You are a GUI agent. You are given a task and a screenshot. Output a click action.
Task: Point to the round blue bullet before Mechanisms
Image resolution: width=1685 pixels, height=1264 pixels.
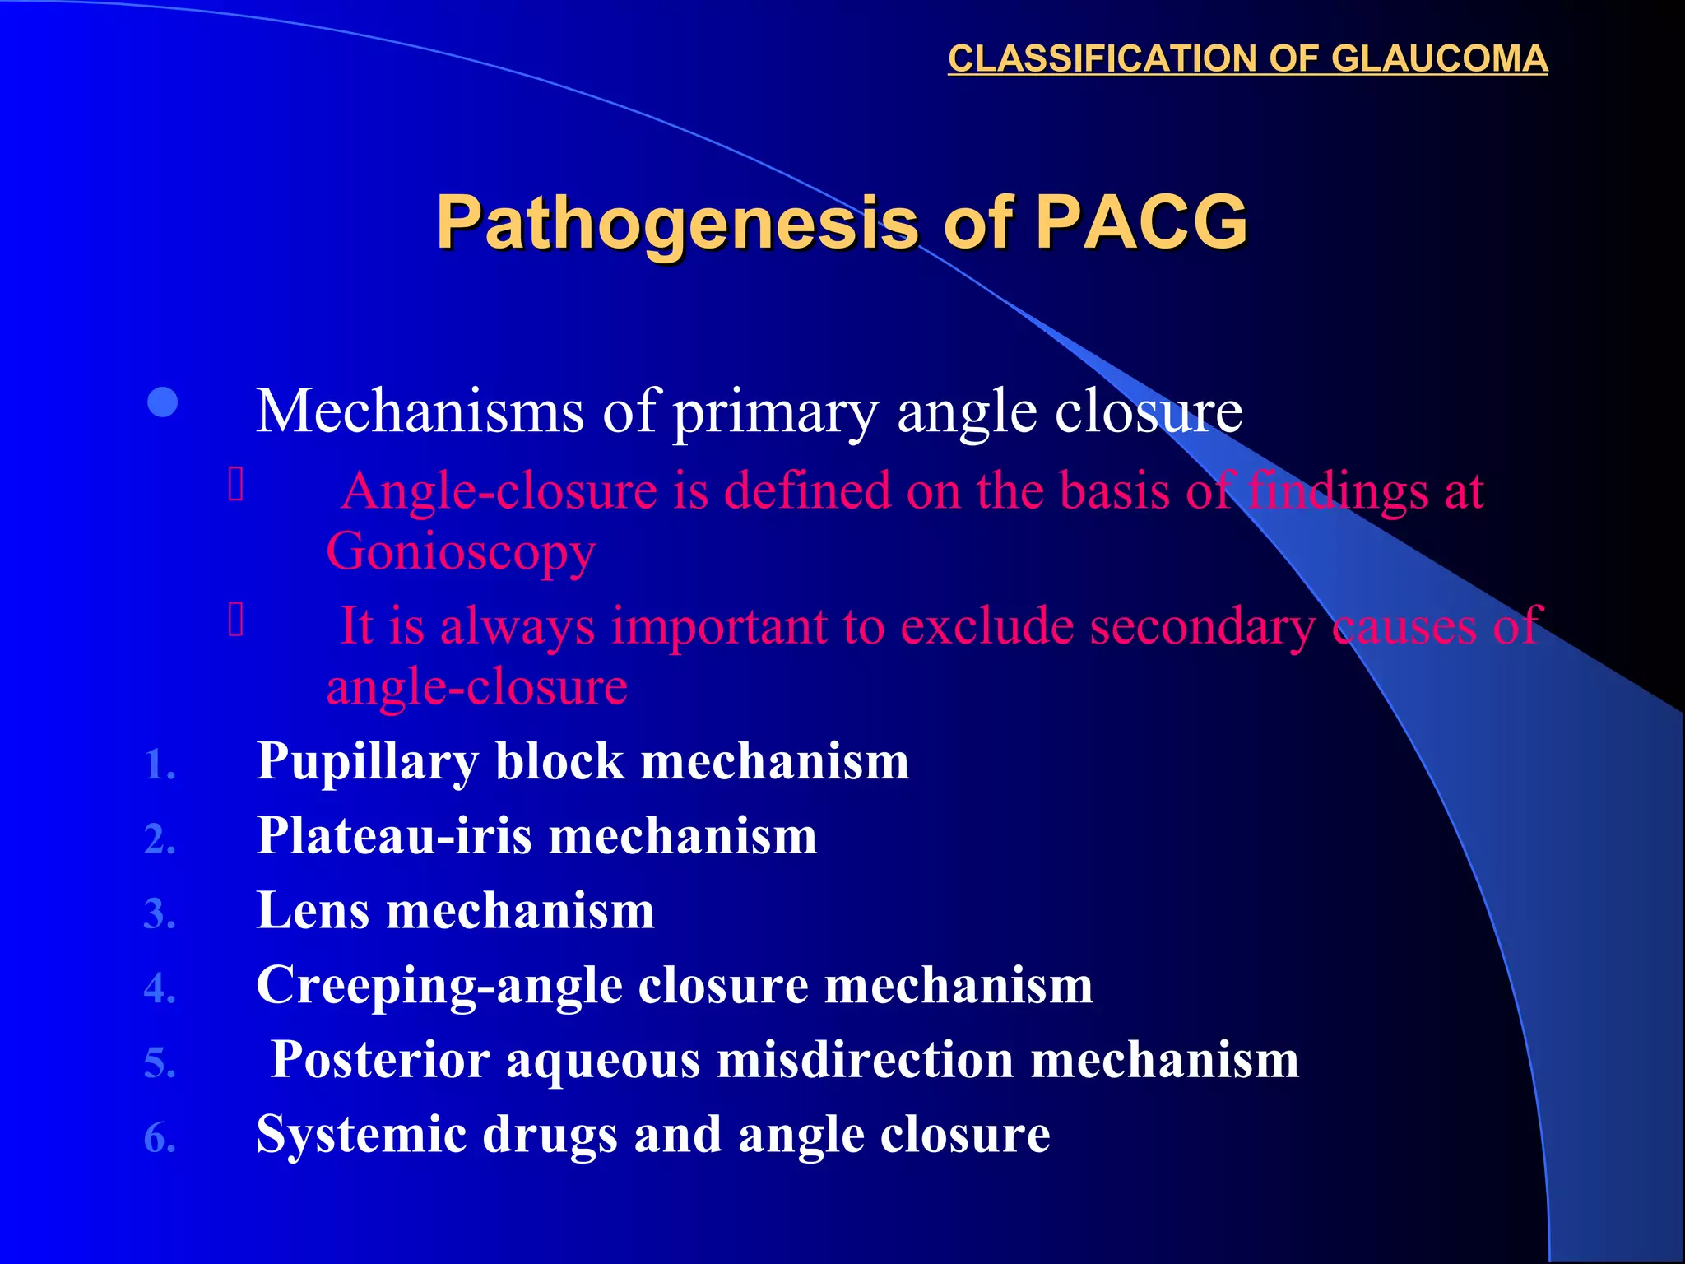[163, 402]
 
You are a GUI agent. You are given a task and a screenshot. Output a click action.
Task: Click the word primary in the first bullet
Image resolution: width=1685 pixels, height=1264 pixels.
[775, 411]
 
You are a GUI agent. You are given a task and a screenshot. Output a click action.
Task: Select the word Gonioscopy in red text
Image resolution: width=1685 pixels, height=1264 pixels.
[461, 551]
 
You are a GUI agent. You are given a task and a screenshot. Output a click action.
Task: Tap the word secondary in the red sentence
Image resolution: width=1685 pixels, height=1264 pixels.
[1202, 626]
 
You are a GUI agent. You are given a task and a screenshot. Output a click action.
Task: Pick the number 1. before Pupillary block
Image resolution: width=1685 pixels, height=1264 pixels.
[160, 765]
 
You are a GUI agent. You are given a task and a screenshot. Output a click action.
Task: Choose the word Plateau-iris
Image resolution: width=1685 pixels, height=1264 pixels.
[394, 836]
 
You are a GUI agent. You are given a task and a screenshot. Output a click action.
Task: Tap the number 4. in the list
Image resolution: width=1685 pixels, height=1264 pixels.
[160, 988]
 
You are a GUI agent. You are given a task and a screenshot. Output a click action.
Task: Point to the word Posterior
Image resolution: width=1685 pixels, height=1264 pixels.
[380, 1060]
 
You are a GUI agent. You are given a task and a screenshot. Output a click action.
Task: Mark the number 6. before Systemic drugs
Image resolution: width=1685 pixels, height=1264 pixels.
[160, 1139]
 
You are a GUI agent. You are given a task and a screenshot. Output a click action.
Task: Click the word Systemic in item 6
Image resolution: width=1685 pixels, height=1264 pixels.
[360, 1135]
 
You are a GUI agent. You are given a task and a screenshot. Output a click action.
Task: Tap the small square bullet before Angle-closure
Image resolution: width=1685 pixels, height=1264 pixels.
[236, 484]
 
